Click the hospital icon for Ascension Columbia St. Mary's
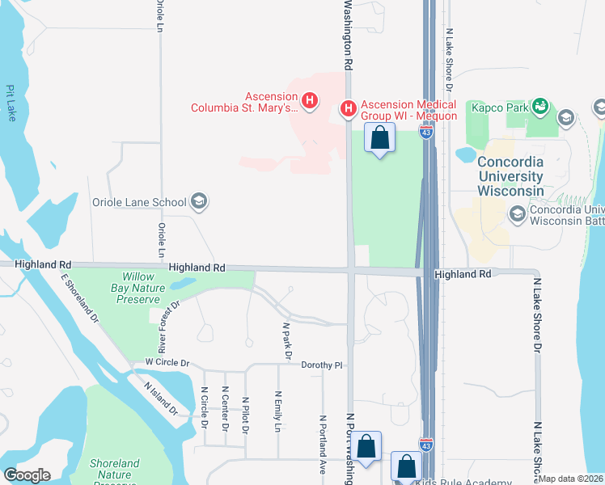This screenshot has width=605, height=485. tap(308, 101)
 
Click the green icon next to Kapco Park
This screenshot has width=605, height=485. tap(541, 106)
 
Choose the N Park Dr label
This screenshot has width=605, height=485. tap(286, 340)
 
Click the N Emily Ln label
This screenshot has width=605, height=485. tap(277, 415)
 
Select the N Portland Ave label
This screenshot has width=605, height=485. tap(322, 444)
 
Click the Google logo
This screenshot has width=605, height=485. tap(27, 475)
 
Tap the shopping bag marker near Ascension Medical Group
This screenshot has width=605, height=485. tap(380, 138)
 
